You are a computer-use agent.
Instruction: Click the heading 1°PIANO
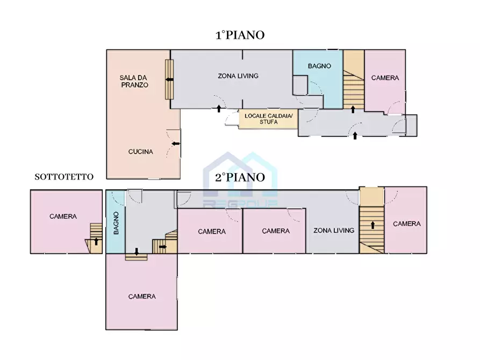point(240,35)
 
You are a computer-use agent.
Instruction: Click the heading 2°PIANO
point(240,177)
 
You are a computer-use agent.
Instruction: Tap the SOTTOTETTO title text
point(64,176)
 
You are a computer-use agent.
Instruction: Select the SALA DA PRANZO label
point(134,81)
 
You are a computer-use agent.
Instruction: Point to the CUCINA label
point(140,152)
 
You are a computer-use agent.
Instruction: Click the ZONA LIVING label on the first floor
point(238,76)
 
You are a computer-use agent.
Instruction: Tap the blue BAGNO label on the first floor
point(319,66)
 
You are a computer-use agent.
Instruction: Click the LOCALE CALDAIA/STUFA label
point(268,118)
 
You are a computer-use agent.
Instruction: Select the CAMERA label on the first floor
point(385,78)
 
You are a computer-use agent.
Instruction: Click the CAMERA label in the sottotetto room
point(63,217)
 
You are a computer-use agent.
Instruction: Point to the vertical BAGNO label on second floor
point(116,223)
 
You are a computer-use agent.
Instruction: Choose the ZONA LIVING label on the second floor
point(334,230)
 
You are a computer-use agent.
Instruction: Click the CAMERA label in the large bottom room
point(142,296)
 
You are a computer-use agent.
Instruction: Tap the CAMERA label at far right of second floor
point(406,224)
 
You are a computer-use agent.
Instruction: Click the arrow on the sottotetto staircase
point(96,241)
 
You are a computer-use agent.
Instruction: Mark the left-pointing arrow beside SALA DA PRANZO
point(169,80)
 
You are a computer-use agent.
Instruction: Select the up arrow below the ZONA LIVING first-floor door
point(219,109)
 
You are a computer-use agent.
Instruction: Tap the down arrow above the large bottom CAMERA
point(136,251)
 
